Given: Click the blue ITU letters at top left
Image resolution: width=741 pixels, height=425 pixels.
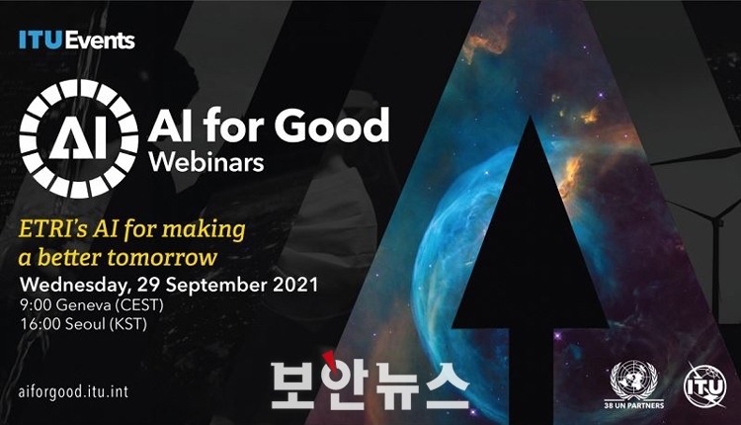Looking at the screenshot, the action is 41,41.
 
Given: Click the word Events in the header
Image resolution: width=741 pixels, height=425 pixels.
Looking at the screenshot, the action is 100,41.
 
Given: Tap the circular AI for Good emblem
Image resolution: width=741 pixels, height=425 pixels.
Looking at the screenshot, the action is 78,138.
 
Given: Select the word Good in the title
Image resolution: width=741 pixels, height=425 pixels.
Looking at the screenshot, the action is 331,126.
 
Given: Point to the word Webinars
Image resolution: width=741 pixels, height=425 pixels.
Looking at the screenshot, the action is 206,162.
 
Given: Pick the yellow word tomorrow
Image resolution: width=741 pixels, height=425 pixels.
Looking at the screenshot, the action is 162,258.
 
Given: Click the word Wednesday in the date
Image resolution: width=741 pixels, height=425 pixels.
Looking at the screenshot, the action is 75,285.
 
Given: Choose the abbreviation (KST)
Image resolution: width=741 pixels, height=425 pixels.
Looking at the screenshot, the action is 128,324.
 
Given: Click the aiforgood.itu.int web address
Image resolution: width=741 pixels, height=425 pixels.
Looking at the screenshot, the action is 74,392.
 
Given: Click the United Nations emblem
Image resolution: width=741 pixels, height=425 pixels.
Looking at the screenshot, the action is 633,380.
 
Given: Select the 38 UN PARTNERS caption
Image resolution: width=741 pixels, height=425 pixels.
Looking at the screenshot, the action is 633,405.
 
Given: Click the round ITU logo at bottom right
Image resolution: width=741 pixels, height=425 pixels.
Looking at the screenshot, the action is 705,386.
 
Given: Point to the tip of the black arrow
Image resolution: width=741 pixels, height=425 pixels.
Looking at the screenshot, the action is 531,118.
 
